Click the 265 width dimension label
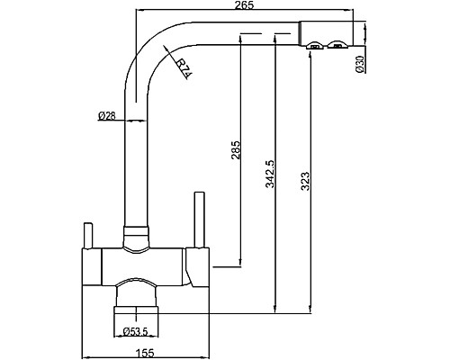[x=240, y=6]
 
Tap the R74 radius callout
[x=179, y=65]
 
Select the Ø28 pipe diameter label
[x=107, y=114]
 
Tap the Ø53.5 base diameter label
[x=136, y=329]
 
